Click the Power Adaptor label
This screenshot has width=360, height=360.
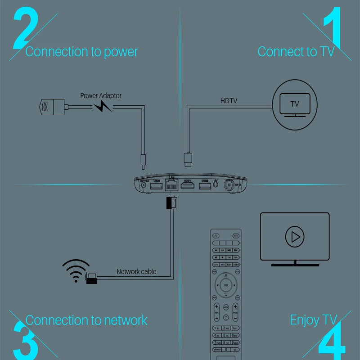(x=101, y=95)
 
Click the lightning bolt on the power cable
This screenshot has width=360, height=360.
(x=103, y=107)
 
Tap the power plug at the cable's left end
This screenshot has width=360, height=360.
(x=50, y=107)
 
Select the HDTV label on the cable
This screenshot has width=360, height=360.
(x=229, y=101)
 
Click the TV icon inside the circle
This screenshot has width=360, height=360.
(x=295, y=105)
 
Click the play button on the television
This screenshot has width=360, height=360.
(x=295, y=236)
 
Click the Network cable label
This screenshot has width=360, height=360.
(x=136, y=271)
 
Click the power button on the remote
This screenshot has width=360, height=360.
(x=216, y=236)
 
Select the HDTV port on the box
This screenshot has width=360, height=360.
(x=187, y=185)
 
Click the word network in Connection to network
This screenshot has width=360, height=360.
(x=126, y=320)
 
